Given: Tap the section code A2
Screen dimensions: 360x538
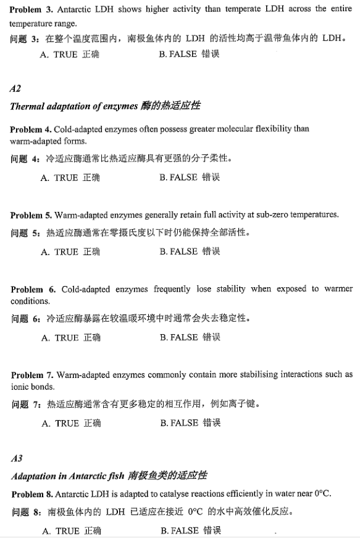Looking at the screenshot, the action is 16,89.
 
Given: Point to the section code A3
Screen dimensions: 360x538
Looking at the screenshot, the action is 17,458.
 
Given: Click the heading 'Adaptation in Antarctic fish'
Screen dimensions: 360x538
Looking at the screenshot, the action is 67,476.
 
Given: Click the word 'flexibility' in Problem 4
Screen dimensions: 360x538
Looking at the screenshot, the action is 254,129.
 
